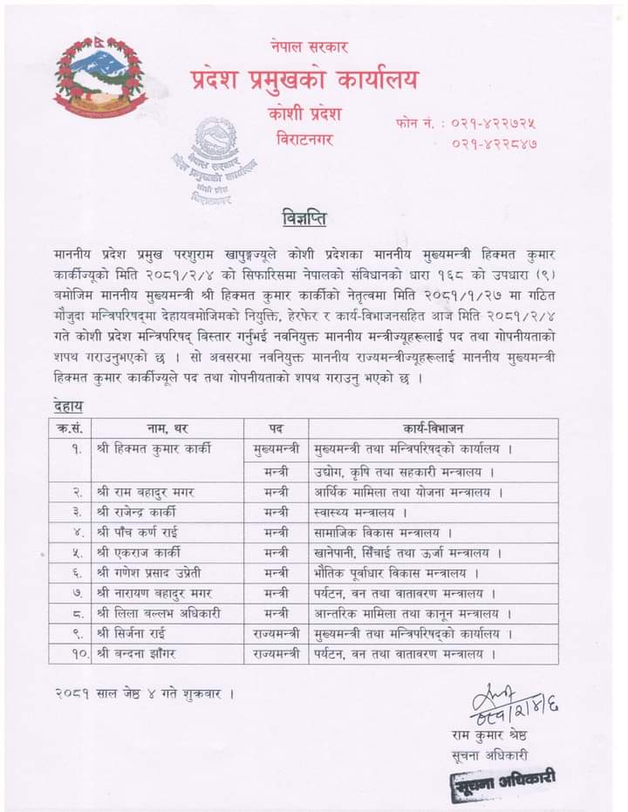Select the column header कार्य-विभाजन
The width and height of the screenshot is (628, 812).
click(x=433, y=428)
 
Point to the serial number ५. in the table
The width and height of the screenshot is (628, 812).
click(x=77, y=553)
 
